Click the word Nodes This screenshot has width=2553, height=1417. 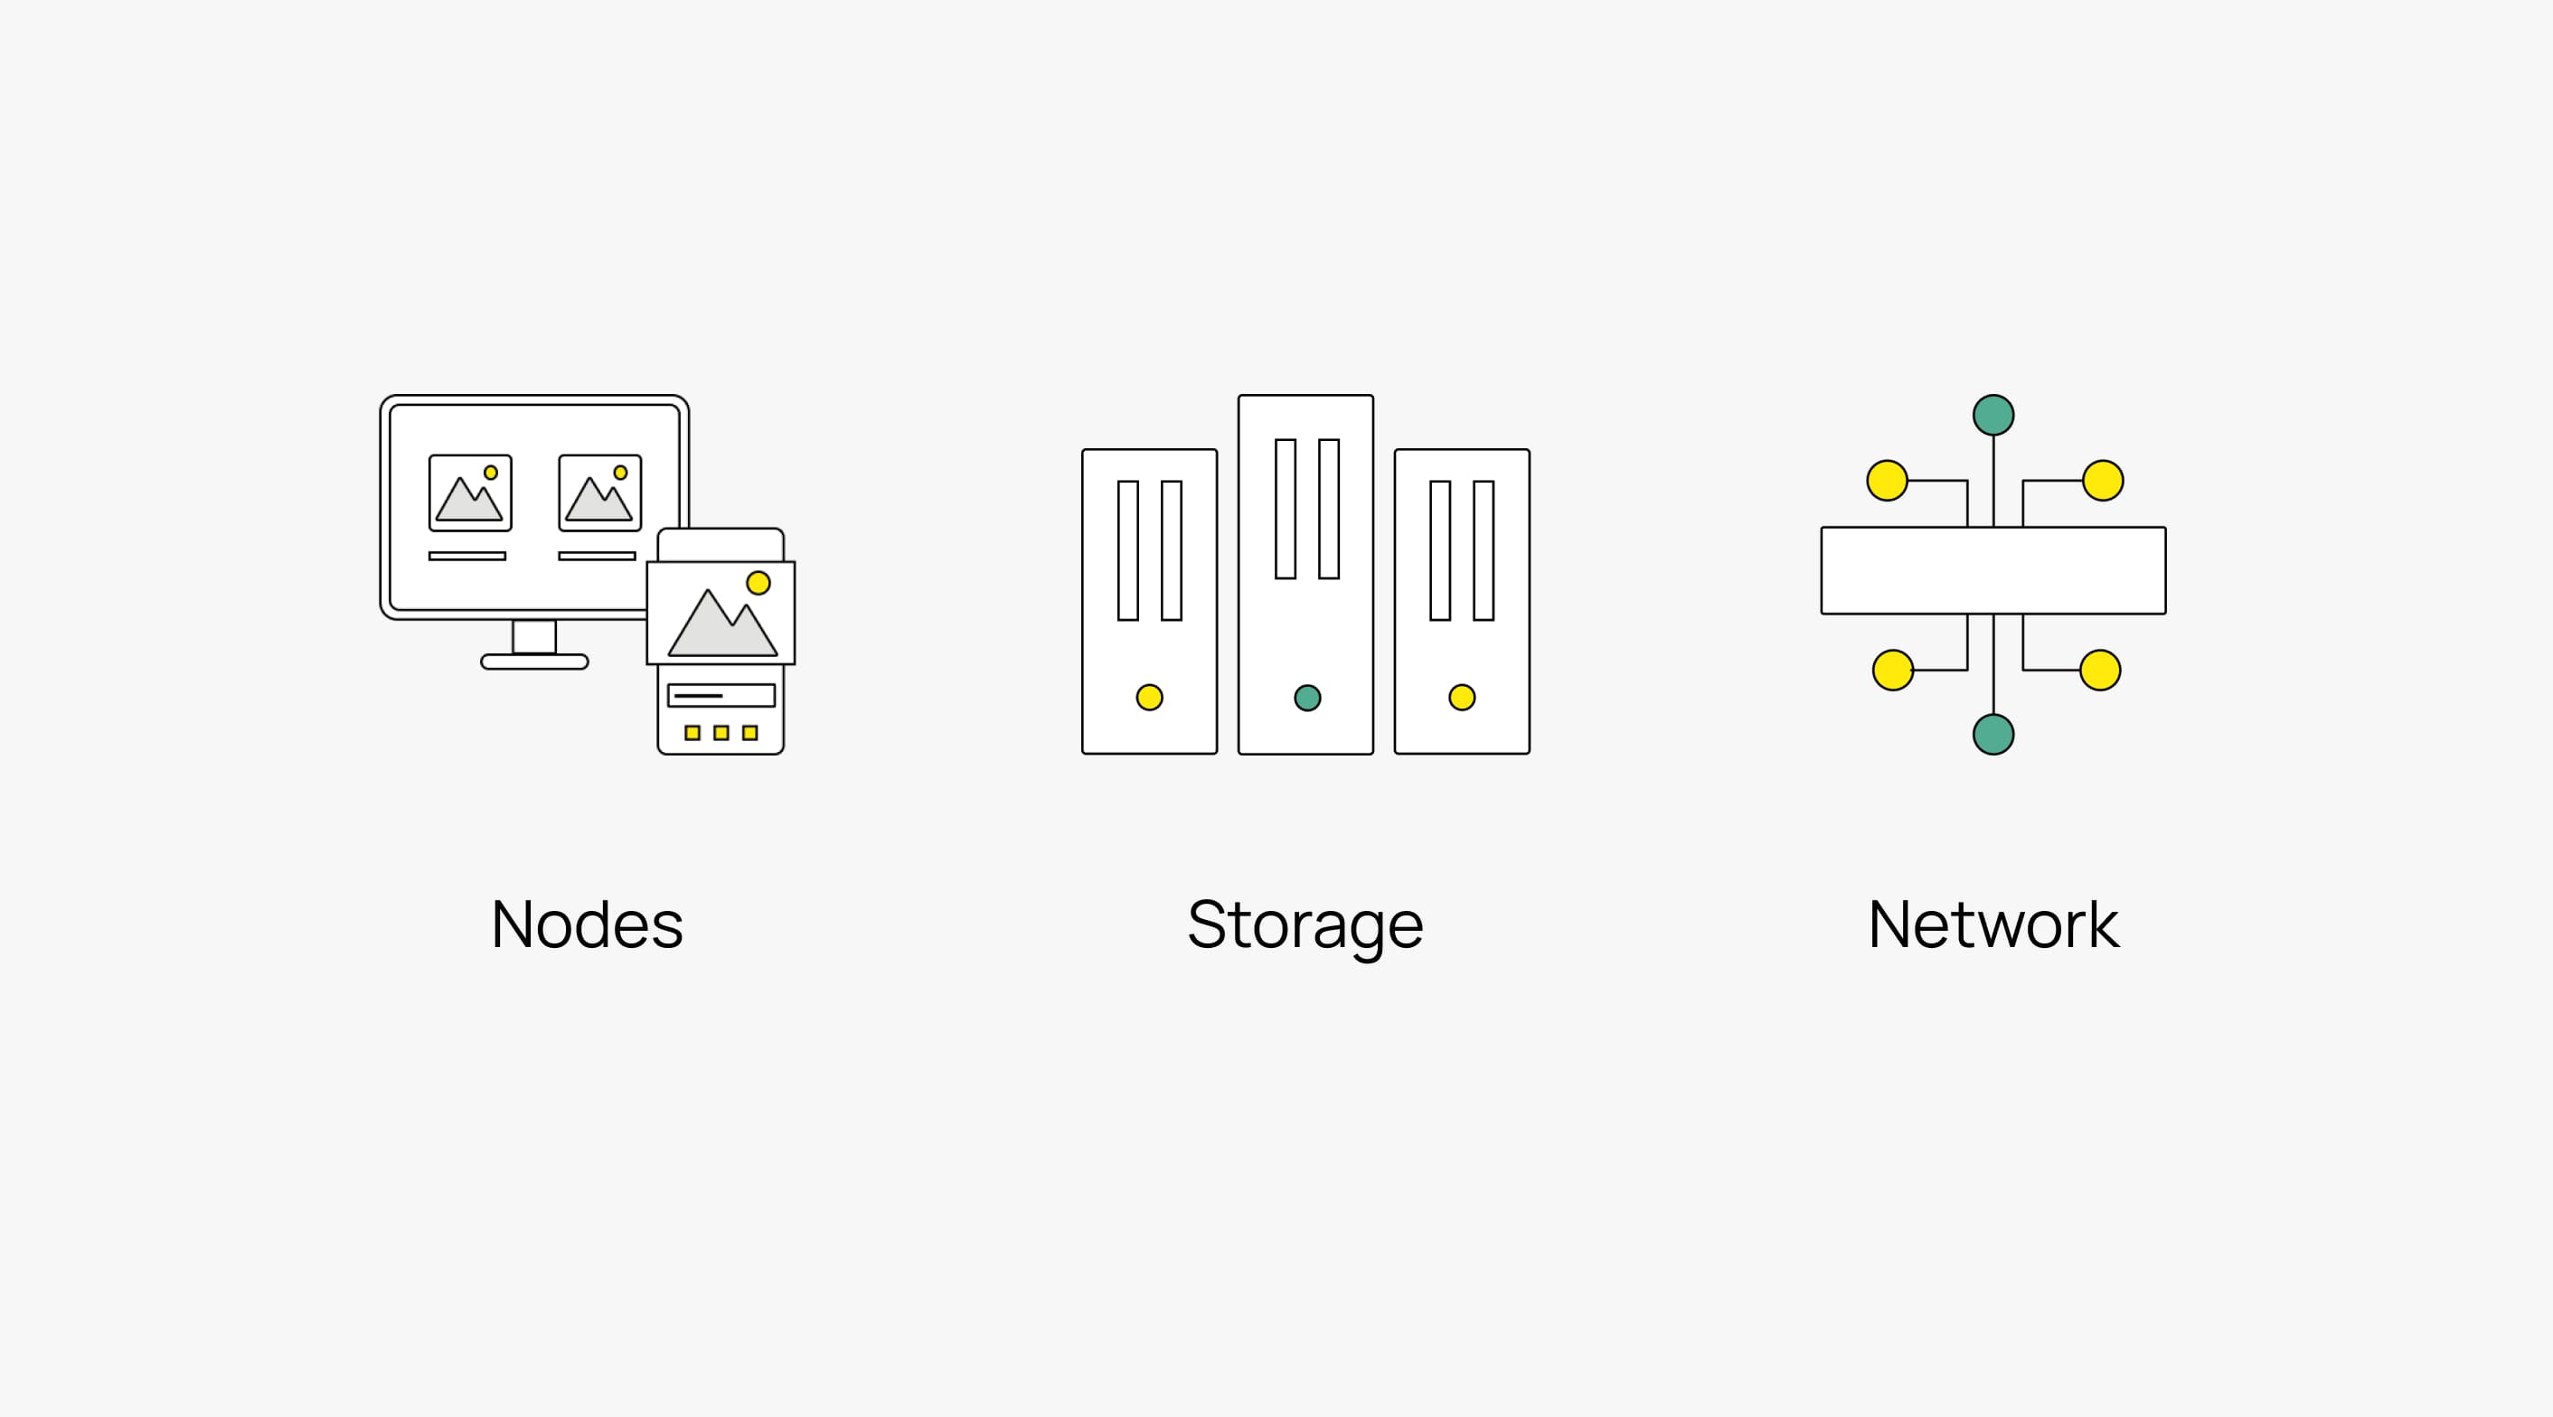pos(587,924)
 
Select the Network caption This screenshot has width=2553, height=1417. pos(1993,924)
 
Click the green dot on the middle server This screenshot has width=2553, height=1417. pos(1307,698)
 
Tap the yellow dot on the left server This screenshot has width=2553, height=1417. pos(1150,698)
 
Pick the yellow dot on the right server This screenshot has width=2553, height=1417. pos(1462,698)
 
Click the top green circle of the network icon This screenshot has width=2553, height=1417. pos(1993,415)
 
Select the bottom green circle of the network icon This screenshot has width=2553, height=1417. pos(1993,735)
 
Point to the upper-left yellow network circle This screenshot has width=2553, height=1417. pos(1887,481)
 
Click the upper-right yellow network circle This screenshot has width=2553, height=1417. pos(2103,481)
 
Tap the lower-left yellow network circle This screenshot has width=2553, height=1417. pos(1893,670)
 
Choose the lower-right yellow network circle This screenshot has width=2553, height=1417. pos(2100,670)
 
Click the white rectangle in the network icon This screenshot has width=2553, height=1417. pos(1993,571)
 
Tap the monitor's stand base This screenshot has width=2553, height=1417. pos(534,662)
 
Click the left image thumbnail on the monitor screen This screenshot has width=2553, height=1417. pos(470,493)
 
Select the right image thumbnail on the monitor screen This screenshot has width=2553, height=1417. pos(599,493)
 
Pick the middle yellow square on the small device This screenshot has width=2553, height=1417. pos(721,733)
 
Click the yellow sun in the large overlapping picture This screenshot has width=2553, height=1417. pos(758,583)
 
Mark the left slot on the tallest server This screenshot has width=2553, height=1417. pos(1286,509)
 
